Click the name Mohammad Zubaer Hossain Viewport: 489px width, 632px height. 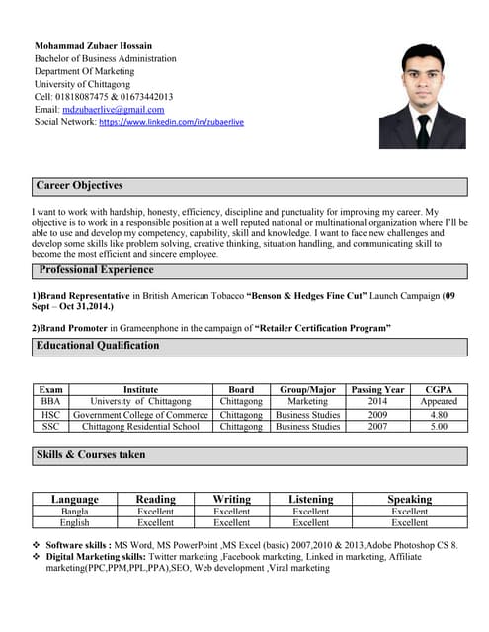pos(93,45)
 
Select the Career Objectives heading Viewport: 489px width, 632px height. pos(79,186)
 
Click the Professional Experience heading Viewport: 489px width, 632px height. pos(96,270)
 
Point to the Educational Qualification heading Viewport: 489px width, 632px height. pos(97,346)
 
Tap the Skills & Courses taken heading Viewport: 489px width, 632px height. pos(90,455)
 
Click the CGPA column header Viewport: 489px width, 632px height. pos(439,390)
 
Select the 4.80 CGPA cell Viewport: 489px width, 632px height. pos(439,415)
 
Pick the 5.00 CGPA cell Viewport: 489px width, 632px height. pos(439,427)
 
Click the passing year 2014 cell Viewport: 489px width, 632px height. pos(377,402)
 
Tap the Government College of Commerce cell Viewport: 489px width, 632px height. pos(140,415)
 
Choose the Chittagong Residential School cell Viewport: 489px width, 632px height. pos(140,427)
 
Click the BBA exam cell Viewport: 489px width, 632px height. pos(50,402)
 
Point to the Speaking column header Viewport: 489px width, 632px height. pos(409,500)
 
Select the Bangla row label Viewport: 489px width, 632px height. pos(75,512)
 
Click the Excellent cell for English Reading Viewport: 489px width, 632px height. pos(155,523)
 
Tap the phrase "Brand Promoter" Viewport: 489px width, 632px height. pos(73,327)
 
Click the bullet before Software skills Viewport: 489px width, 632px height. pos(37,545)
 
